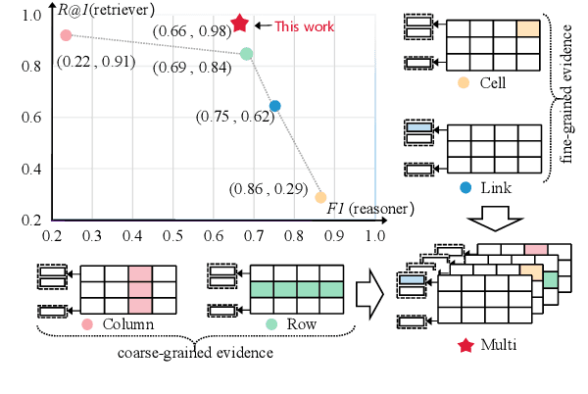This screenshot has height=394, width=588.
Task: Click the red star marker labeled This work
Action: [x=238, y=25]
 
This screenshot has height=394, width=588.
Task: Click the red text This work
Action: [x=304, y=26]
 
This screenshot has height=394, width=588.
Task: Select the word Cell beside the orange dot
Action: [x=493, y=82]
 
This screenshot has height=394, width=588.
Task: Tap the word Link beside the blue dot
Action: [x=493, y=187]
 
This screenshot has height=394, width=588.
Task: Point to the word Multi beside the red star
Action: [x=498, y=346]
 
